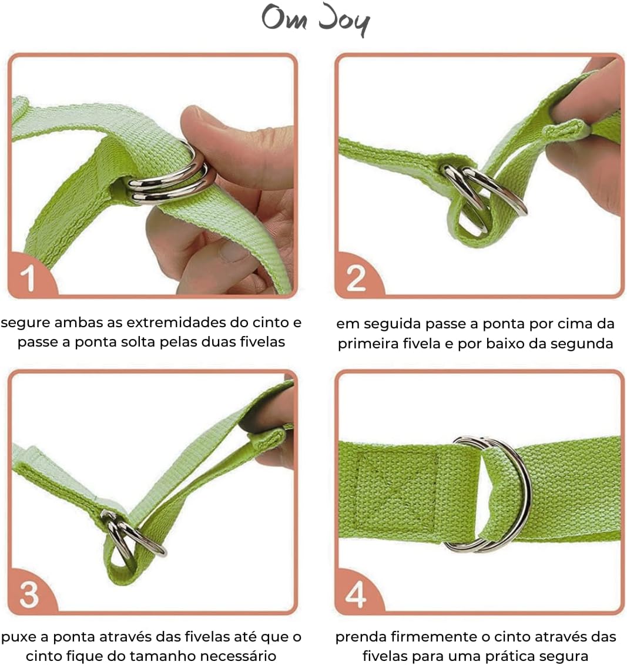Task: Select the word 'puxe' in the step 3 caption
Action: coord(19,637)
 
